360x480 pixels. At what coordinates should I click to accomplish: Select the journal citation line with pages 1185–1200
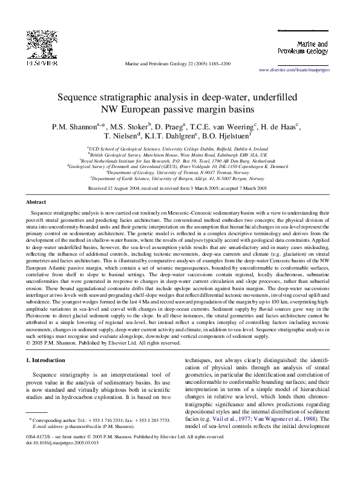pos(177,63)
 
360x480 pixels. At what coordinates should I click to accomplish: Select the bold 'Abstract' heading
pos(37,202)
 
